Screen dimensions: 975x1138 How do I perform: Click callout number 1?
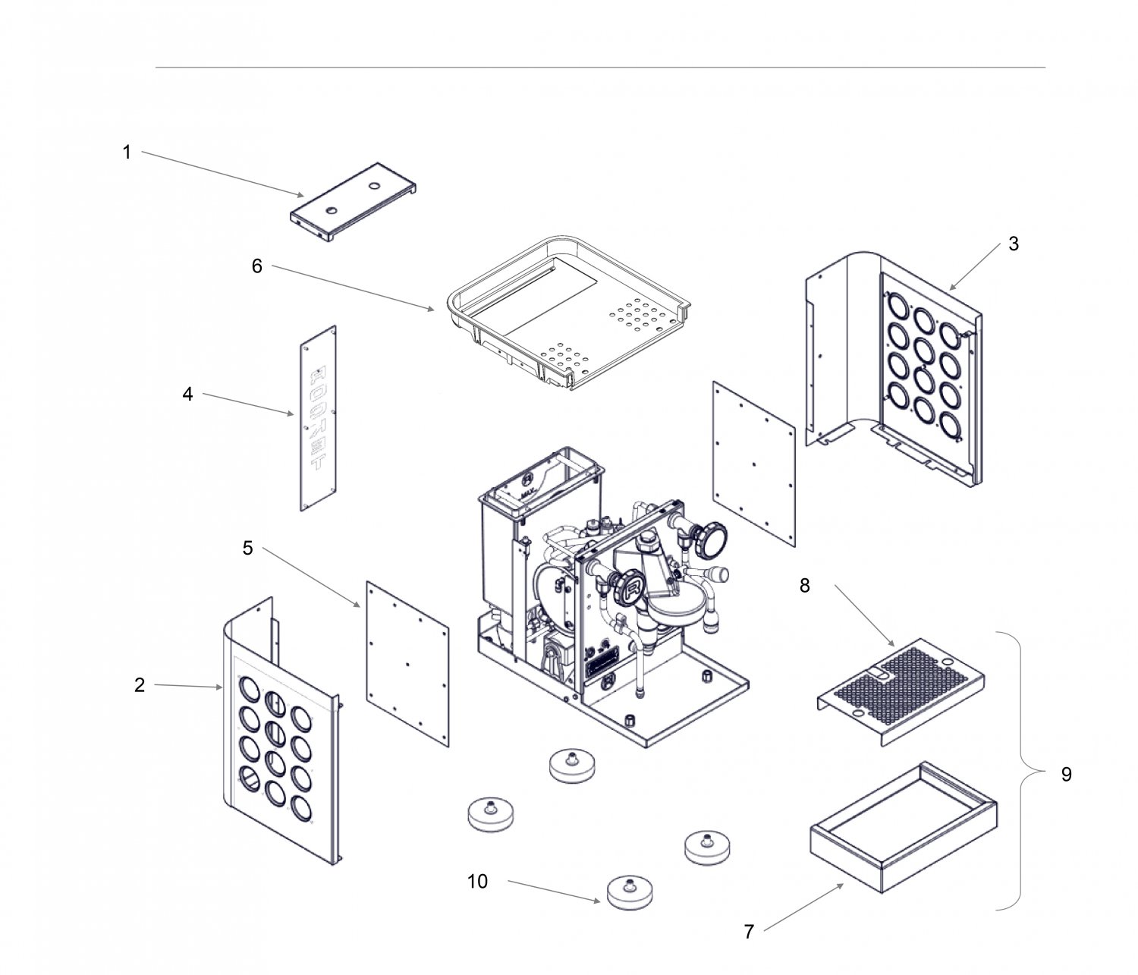pos(127,153)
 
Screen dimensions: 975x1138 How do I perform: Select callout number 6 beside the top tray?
pos(257,266)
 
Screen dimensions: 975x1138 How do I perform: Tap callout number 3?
pos(1014,244)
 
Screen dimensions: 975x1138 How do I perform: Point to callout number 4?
pos(187,394)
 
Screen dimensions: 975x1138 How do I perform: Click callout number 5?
pos(247,548)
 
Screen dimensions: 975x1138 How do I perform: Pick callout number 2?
pos(140,685)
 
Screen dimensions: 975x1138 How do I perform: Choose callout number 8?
pos(804,585)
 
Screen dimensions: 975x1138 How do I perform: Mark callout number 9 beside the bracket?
pos(1066,775)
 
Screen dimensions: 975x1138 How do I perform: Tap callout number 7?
pos(749,932)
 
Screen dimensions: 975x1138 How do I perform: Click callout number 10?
pos(478,881)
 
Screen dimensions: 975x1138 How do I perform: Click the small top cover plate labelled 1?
pos(355,203)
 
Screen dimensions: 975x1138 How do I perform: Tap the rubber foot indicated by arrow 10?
pos(630,892)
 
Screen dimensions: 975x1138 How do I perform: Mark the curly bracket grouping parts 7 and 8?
pos(1025,770)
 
